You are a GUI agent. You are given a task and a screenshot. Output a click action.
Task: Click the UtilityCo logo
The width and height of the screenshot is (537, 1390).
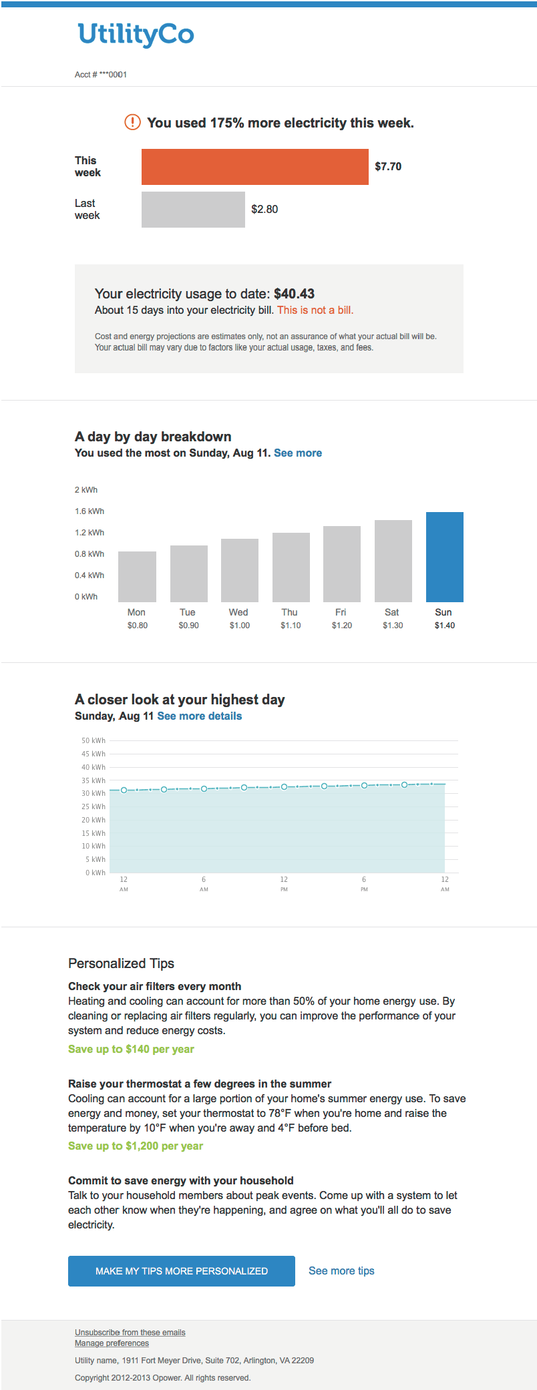(x=136, y=35)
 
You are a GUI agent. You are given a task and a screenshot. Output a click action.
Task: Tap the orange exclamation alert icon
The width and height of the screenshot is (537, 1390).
(x=132, y=122)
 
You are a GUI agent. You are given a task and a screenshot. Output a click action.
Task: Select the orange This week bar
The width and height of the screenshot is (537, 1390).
(x=254, y=167)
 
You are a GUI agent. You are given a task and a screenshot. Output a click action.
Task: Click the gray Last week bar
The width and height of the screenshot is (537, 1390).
(x=193, y=210)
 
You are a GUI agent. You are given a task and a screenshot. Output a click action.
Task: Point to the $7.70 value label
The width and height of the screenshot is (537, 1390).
(x=388, y=167)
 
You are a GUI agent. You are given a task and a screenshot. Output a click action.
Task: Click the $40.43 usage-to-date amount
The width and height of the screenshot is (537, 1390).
(x=294, y=294)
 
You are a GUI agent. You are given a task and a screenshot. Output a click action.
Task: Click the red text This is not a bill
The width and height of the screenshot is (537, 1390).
(x=315, y=310)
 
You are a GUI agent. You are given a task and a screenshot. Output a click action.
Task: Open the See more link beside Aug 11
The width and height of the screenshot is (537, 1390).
(x=298, y=453)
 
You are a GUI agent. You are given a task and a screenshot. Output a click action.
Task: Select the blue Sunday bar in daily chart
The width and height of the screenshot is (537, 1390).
(x=444, y=557)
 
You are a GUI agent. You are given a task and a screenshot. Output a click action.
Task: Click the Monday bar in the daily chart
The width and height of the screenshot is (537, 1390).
(x=137, y=577)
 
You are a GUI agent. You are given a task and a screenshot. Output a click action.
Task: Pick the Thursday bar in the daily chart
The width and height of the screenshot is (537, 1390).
(x=291, y=567)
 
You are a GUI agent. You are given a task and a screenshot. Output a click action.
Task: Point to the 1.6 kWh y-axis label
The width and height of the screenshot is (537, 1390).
(x=89, y=511)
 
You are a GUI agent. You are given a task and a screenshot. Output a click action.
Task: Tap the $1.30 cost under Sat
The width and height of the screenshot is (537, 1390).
(x=393, y=626)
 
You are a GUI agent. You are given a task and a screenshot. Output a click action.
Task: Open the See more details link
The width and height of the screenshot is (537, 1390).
(x=200, y=716)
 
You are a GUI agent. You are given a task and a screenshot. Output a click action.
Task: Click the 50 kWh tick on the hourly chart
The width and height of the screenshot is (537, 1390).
(x=94, y=740)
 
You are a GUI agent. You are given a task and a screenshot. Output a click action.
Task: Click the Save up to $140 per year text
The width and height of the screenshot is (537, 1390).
(x=131, y=1049)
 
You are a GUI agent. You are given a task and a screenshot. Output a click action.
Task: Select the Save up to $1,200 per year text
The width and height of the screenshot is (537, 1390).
(x=136, y=1146)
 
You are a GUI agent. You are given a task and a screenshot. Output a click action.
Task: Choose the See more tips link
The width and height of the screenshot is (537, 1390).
(x=341, y=1270)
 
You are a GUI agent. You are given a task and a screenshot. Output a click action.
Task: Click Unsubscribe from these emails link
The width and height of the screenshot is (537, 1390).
(x=130, y=1332)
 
